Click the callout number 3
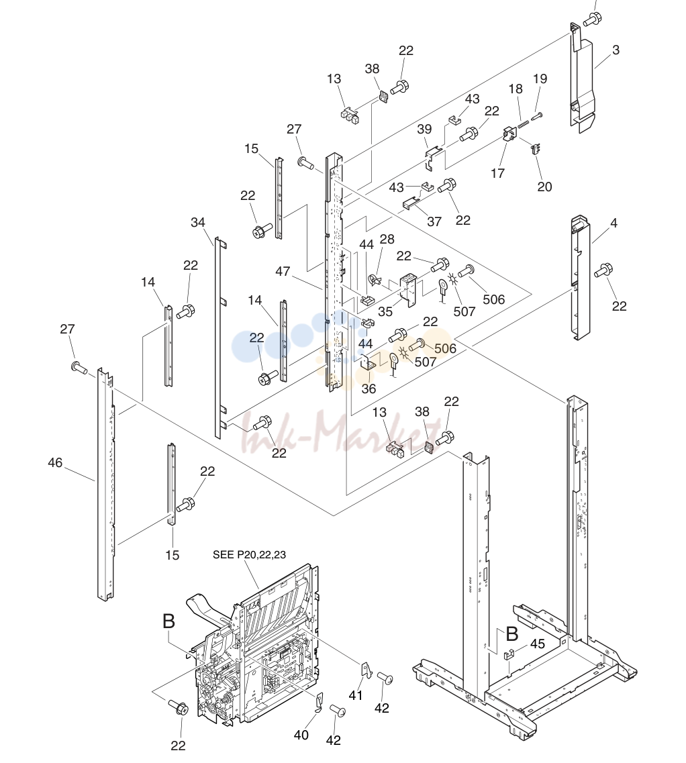616,50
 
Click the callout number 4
614,223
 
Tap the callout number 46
55,462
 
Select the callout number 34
197,222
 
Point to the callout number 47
283,271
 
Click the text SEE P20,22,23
249,555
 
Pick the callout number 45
537,644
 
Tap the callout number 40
301,735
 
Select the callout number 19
540,79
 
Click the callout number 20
544,187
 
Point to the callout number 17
497,173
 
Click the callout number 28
387,240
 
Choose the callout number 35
385,311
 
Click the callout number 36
369,389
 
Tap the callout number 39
424,129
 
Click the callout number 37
434,222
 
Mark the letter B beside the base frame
511,634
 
